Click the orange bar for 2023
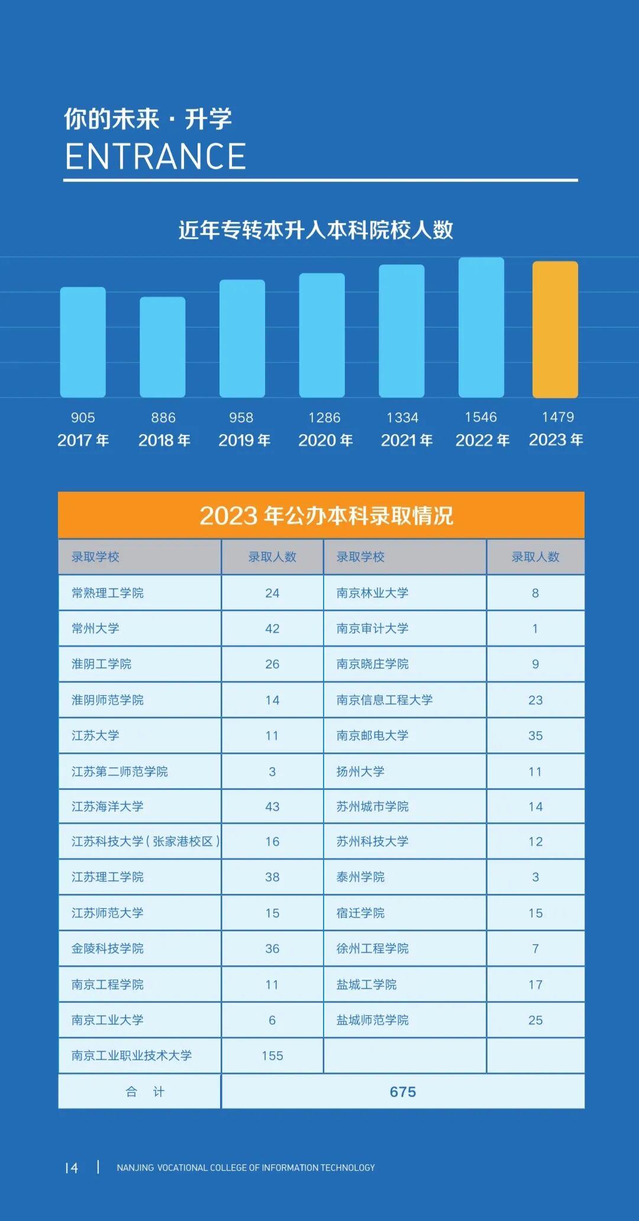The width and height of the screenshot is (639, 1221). (x=555, y=329)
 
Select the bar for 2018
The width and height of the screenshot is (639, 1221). (x=162, y=347)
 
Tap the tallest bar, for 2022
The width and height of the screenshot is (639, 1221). (x=481, y=327)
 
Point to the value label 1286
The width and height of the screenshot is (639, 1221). (x=324, y=418)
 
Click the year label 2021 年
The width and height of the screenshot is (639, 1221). (x=406, y=440)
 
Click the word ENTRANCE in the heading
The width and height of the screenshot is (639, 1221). (x=155, y=157)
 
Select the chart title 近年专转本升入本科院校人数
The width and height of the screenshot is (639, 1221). (x=316, y=230)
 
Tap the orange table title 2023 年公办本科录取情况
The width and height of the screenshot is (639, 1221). (x=326, y=515)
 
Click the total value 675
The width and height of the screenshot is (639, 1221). (x=402, y=1091)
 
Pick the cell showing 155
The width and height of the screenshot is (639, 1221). (x=272, y=1055)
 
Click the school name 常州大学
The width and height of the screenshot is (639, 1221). (x=95, y=628)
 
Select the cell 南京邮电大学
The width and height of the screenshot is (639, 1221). (x=372, y=735)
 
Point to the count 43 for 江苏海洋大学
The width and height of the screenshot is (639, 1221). (x=272, y=806)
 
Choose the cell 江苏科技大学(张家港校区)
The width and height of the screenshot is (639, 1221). (x=145, y=841)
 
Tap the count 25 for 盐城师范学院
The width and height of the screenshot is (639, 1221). (x=535, y=1020)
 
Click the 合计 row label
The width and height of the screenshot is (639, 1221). (x=145, y=1091)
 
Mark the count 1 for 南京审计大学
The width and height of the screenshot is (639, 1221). (x=535, y=628)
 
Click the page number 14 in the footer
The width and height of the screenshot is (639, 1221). (x=72, y=1168)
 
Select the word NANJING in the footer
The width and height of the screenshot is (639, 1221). (x=135, y=1168)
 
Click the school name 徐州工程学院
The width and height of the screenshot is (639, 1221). (x=372, y=948)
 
